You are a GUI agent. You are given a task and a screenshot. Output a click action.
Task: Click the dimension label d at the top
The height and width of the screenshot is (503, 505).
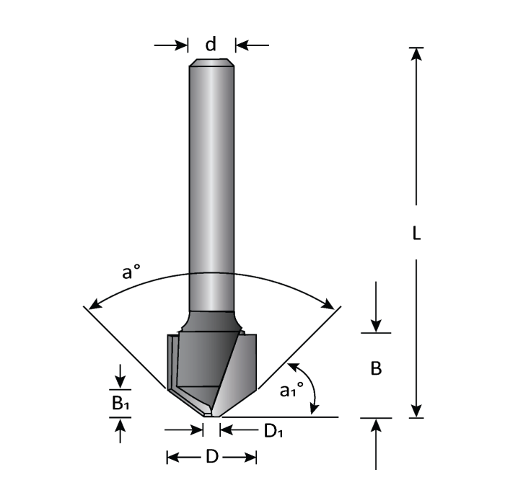[211, 45]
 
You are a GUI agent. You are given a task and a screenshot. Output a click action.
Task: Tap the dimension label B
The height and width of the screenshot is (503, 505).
[376, 368]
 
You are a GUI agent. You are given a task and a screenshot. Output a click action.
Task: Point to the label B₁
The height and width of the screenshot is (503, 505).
[120, 404]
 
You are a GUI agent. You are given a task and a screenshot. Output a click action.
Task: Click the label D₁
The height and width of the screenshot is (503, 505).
[272, 431]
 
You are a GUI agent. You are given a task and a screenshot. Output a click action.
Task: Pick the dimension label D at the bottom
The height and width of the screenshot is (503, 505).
[211, 457]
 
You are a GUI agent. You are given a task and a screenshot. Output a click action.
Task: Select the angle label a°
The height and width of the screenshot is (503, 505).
[131, 272]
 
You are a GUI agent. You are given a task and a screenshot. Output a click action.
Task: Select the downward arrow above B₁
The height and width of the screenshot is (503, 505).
[120, 378]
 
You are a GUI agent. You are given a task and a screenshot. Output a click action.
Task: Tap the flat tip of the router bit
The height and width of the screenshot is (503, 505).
[211, 415]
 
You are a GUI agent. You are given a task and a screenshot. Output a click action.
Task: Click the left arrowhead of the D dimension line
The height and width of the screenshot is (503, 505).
[174, 458]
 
